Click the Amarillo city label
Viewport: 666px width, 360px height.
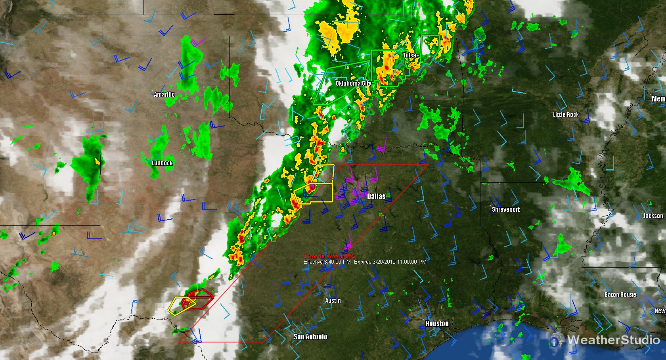[x=164, y=94]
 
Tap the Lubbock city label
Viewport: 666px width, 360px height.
[x=162, y=163]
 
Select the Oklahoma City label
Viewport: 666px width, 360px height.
[x=353, y=83]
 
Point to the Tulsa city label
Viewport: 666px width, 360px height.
[x=409, y=55]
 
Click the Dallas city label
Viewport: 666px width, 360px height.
[x=376, y=196]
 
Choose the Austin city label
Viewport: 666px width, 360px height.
[x=333, y=301]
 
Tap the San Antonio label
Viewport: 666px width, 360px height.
[x=310, y=337]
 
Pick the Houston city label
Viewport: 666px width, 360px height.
[x=437, y=324]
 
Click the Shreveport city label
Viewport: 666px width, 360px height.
[x=505, y=209]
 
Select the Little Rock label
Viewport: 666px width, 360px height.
[x=566, y=115]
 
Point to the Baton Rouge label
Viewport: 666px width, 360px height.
[x=620, y=295]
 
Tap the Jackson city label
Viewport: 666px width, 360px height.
[x=653, y=216]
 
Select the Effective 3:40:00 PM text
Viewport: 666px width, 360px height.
[x=327, y=262]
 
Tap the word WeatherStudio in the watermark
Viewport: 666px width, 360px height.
[x=613, y=340]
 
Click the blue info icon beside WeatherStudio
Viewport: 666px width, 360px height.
[x=557, y=340]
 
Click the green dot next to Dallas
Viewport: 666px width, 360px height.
[x=388, y=195]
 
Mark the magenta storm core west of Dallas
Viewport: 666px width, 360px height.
[x=312, y=186]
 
